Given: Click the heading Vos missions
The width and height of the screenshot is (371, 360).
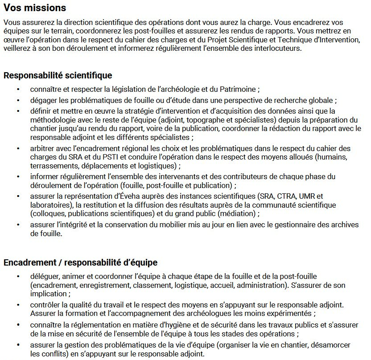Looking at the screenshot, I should click(x=35, y=8).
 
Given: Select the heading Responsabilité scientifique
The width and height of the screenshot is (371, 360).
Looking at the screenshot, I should click(x=58, y=75).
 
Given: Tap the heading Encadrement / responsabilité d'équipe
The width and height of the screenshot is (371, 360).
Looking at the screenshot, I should click(x=81, y=263).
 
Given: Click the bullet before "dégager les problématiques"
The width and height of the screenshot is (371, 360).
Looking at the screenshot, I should click(x=18, y=100).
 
